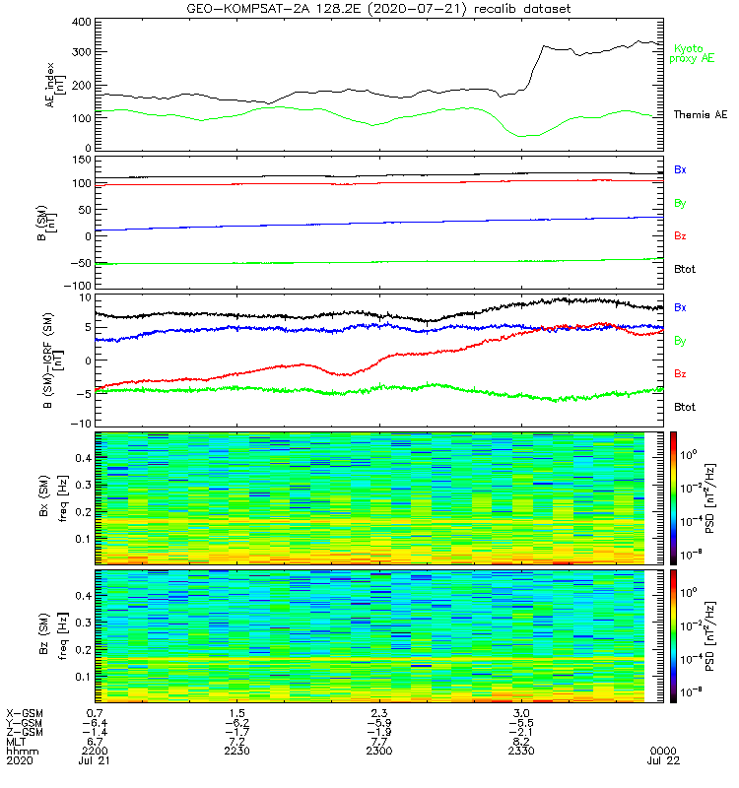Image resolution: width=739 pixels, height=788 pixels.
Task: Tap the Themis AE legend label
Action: tap(701, 115)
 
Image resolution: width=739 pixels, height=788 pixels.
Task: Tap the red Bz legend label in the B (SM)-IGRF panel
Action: tap(681, 373)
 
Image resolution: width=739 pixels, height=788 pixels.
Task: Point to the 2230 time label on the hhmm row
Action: tap(236, 751)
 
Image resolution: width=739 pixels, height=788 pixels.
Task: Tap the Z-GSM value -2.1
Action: tap(522, 731)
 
